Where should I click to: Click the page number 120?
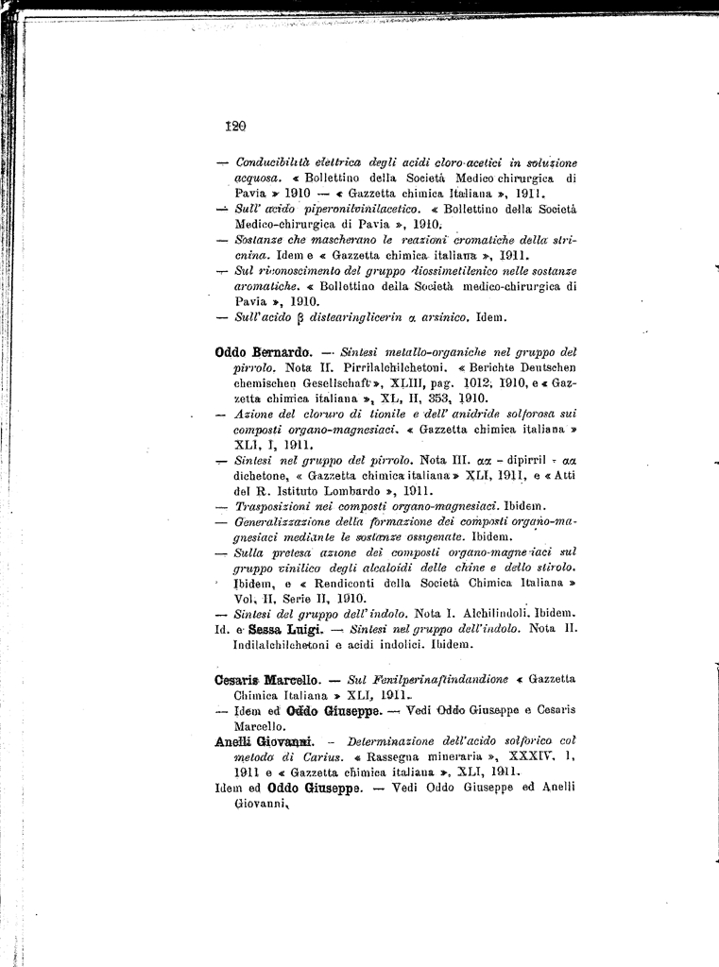click(x=235, y=125)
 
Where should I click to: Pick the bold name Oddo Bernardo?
click(x=264, y=352)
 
